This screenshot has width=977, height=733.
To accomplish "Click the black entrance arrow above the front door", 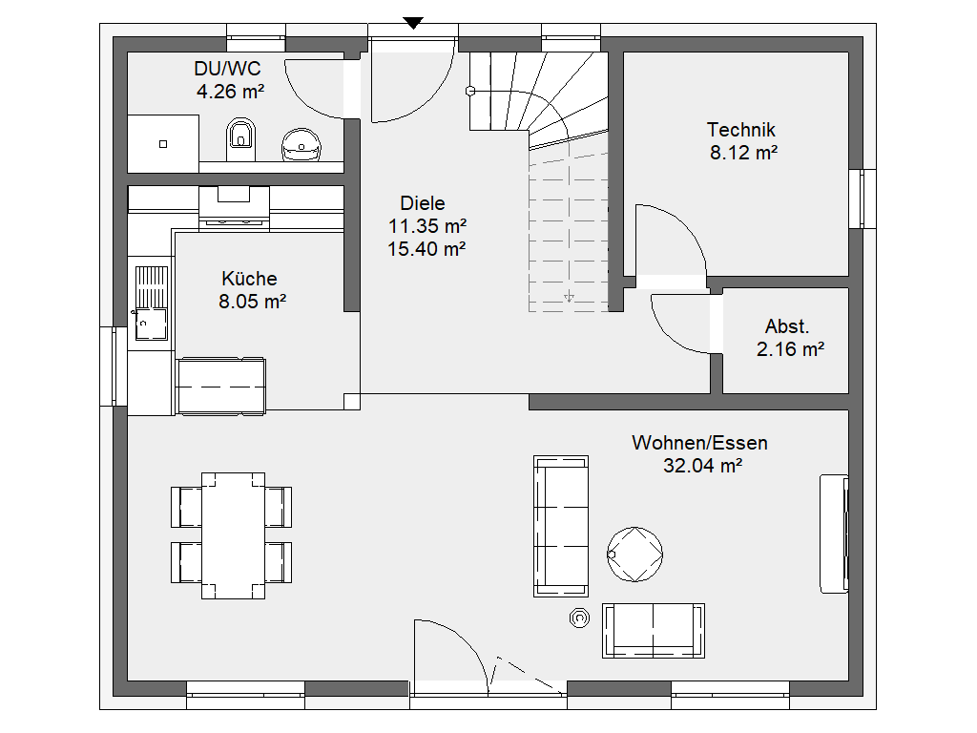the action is tap(413, 23).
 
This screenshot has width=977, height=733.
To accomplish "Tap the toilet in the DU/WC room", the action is tap(240, 139).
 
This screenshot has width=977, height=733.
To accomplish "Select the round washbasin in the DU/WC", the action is tap(301, 145).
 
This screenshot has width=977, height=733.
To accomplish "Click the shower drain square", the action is tap(163, 144).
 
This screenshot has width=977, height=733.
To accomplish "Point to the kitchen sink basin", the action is tap(152, 325).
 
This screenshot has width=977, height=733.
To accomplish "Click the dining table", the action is tap(233, 535).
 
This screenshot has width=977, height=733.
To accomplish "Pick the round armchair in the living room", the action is tap(634, 555).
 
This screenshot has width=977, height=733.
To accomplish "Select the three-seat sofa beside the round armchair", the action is tap(561, 526).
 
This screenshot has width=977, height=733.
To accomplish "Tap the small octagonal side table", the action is tap(579, 618).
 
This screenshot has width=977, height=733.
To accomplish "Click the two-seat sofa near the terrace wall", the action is tap(653, 630).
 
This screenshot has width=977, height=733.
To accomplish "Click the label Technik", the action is tap(740, 130).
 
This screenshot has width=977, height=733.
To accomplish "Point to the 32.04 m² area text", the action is tap(702, 466).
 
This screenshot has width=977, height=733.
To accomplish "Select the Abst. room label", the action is tap(787, 326).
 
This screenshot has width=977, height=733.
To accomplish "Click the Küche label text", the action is tap(249, 278).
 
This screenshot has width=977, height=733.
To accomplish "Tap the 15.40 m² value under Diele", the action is tap(426, 249).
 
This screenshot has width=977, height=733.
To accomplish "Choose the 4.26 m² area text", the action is tap(231, 92).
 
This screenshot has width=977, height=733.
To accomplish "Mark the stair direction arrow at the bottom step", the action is tap(569, 297).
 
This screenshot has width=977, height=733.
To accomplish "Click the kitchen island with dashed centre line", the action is tap(221, 386).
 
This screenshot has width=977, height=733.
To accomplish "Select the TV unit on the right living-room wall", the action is tap(834, 534).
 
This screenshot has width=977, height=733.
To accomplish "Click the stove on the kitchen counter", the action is tap(235, 206).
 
